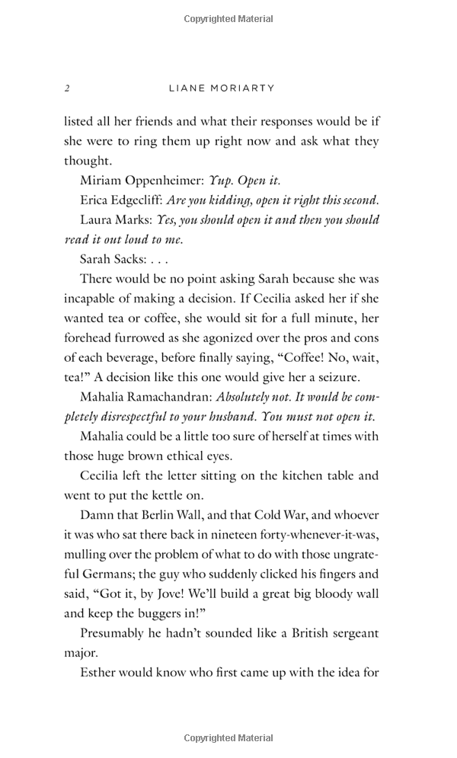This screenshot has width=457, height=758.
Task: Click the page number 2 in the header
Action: [x=67, y=88]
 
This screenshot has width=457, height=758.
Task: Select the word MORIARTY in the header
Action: [x=244, y=88]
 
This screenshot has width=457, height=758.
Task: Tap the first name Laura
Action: [x=97, y=220]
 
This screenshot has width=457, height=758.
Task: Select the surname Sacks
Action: [x=131, y=260]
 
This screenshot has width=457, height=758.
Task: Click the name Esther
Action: [x=100, y=673]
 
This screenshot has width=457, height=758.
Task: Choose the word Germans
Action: [x=101, y=574]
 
